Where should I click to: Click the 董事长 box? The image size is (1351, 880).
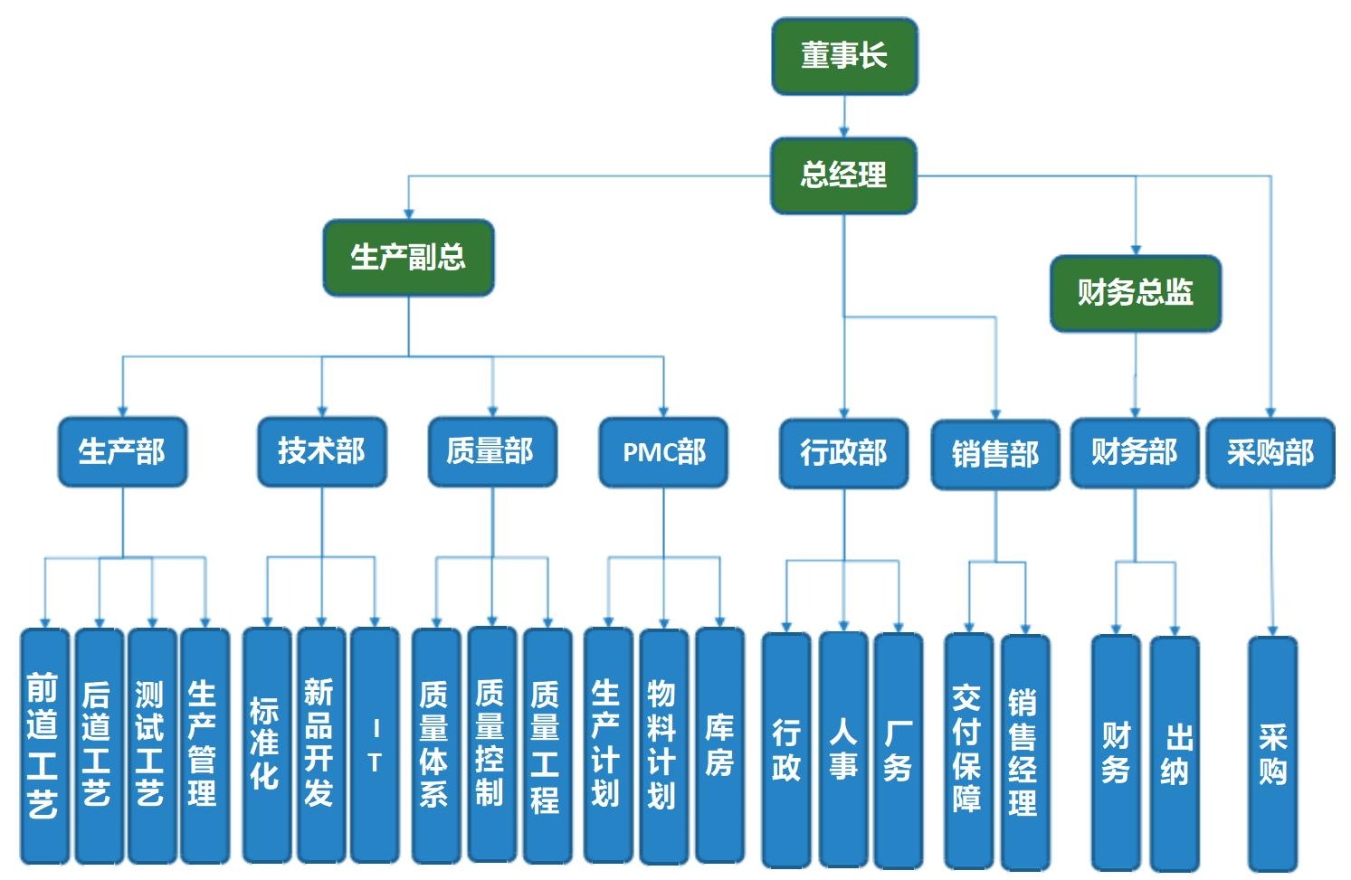click(x=844, y=56)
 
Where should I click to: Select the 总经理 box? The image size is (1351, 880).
click(x=843, y=175)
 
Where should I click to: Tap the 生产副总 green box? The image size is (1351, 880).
click(x=408, y=258)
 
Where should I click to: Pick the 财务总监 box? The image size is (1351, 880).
click(x=1135, y=293)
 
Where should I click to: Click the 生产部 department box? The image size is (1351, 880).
click(x=122, y=451)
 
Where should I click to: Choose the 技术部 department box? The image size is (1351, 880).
click(x=321, y=451)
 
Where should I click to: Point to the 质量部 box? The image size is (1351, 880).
click(x=491, y=451)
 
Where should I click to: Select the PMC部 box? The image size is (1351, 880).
click(x=663, y=452)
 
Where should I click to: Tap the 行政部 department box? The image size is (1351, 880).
click(x=843, y=453)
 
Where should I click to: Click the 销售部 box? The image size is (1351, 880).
click(x=995, y=454)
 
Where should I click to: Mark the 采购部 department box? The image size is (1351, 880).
click(x=1270, y=453)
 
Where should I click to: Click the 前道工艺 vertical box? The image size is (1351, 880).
click(x=43, y=745)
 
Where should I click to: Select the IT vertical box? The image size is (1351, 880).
click(x=375, y=745)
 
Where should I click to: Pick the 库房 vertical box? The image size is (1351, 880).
click(x=719, y=745)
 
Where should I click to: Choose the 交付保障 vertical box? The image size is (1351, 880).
click(x=968, y=751)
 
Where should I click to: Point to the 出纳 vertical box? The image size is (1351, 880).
click(x=1175, y=752)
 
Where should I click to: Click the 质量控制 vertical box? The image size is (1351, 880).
click(x=491, y=745)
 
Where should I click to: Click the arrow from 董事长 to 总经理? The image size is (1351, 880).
click(x=844, y=117)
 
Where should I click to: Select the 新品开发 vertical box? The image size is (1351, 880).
click(x=320, y=745)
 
